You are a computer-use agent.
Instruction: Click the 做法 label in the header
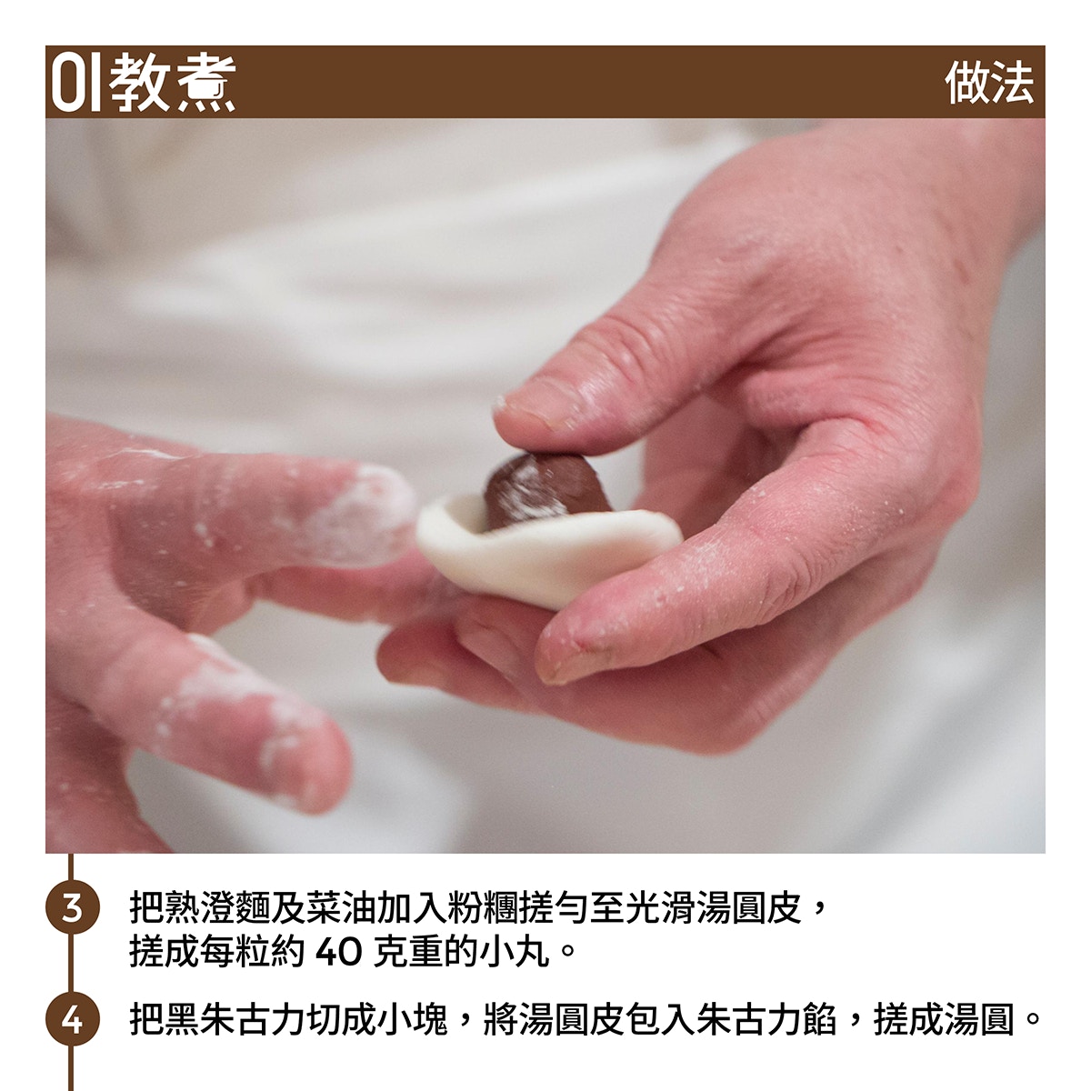click(989, 83)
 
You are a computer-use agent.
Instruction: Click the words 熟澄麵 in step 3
click(217, 907)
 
